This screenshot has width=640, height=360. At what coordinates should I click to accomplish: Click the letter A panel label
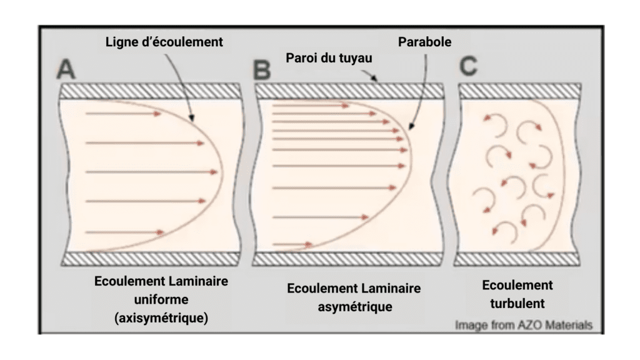[66, 69]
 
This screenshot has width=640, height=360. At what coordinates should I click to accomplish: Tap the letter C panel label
[469, 65]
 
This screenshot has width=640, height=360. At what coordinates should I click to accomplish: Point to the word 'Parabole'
[424, 42]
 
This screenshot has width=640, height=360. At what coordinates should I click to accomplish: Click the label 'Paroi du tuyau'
[327, 58]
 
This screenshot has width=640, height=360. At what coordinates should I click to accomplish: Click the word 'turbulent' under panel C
[518, 305]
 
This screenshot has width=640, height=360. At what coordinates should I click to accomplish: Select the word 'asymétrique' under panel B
[353, 307]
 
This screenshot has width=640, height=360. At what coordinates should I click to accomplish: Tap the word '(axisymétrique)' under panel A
[161, 318]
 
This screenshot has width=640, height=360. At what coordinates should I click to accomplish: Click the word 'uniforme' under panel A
[161, 300]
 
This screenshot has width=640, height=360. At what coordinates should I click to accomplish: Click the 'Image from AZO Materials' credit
[523, 325]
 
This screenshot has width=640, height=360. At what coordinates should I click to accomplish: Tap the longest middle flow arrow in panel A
[153, 171]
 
